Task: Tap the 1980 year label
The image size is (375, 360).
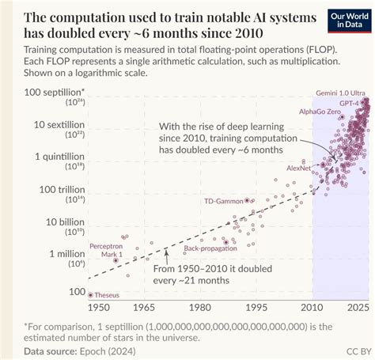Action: coord(201,307)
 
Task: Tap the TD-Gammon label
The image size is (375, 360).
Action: coord(224,201)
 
